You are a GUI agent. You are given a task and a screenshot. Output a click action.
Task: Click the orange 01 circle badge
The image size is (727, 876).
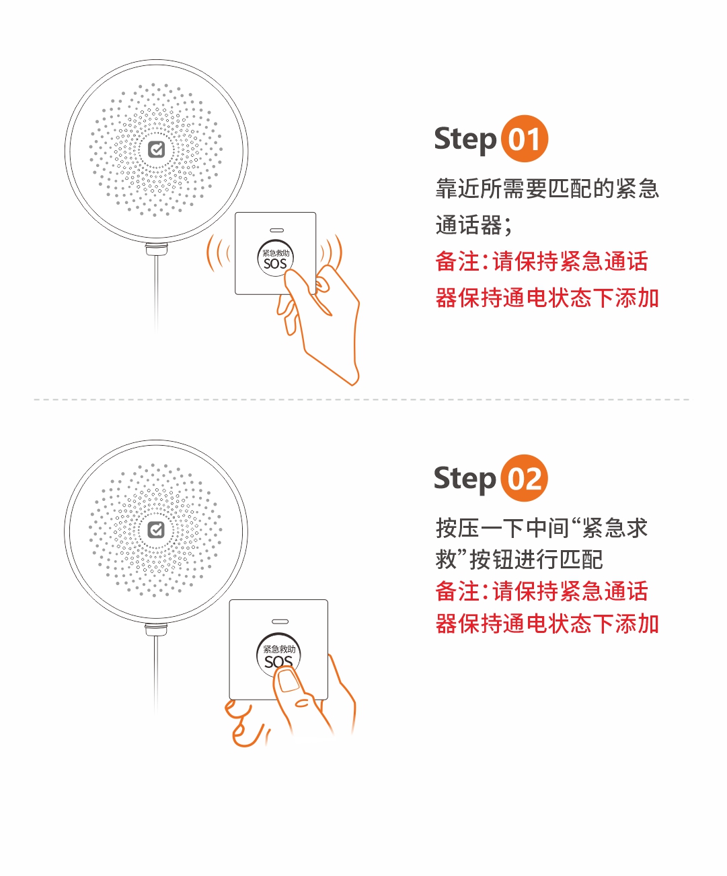(x=525, y=139)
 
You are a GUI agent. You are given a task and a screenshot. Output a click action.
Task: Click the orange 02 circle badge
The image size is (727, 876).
(x=524, y=478)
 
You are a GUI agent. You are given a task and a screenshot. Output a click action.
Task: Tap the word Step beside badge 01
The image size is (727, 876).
(x=465, y=140)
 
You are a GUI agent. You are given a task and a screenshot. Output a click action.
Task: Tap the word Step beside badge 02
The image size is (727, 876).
(x=465, y=479)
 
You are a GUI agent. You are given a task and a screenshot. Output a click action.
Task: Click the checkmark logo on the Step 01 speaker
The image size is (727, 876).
(x=157, y=149)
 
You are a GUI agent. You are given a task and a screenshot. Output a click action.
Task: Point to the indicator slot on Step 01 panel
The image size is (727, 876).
(x=276, y=230)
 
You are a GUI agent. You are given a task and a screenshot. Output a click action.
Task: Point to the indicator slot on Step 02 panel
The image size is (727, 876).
(x=280, y=621)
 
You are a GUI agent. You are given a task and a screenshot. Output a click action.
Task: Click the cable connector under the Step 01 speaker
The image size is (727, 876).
(x=157, y=248)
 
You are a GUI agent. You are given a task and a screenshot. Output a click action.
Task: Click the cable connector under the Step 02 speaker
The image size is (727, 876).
(x=156, y=630)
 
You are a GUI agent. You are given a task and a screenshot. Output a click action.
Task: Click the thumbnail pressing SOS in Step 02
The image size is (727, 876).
(x=289, y=681)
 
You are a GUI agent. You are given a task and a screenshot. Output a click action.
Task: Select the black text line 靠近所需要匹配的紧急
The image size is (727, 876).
(x=547, y=189)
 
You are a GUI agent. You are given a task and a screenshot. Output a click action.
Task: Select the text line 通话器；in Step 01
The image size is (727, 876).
(x=474, y=225)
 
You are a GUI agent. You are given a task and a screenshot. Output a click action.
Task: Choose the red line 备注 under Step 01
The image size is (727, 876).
(x=542, y=261)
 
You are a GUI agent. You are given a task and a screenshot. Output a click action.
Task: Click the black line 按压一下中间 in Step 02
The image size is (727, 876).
(x=542, y=528)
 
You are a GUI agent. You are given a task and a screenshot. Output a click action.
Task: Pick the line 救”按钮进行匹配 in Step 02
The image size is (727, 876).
(x=519, y=560)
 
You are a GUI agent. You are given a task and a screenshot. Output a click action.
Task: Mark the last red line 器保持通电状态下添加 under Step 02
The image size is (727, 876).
(x=547, y=624)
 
